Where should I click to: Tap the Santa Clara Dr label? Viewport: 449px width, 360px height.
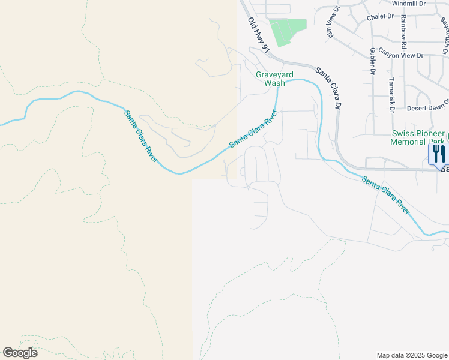point(328,87)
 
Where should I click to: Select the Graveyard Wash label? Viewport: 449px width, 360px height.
point(275,79)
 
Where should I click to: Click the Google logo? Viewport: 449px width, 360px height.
point(20,353)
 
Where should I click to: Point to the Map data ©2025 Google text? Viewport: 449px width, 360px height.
point(411,355)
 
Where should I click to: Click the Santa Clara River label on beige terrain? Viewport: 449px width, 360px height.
point(142,136)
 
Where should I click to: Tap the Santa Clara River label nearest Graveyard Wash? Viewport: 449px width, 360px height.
point(253,128)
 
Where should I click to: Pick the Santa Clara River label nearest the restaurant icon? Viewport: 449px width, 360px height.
point(385,195)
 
